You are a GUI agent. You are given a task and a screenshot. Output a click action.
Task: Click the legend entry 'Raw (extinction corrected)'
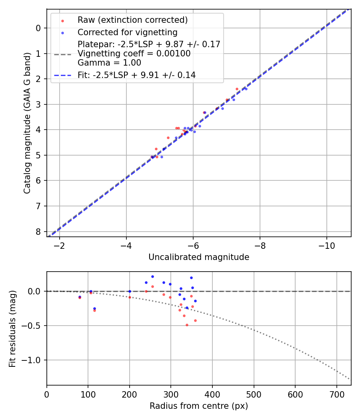coord(132,20)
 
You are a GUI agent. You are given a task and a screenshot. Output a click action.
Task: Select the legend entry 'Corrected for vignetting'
coord(128,32)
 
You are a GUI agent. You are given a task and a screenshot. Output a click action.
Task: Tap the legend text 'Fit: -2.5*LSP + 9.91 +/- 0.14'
coord(136,75)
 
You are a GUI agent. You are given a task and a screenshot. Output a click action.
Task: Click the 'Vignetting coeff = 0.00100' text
coord(134,54)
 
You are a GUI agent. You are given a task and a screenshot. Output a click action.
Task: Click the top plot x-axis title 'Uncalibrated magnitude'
coord(199,257)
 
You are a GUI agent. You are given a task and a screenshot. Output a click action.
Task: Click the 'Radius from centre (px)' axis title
coord(199,406)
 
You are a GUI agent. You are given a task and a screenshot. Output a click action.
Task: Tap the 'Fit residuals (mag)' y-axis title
coord(13,328)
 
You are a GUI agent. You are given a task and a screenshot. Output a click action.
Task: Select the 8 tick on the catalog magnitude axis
coord(38,232)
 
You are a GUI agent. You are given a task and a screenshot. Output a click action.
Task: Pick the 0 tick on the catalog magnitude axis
coord(38,28)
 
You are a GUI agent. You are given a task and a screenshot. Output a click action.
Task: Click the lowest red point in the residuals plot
coord(187,325)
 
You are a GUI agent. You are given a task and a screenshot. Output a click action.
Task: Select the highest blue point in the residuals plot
coord(152,276)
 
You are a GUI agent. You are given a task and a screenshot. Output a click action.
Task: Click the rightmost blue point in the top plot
coord(246,89)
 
